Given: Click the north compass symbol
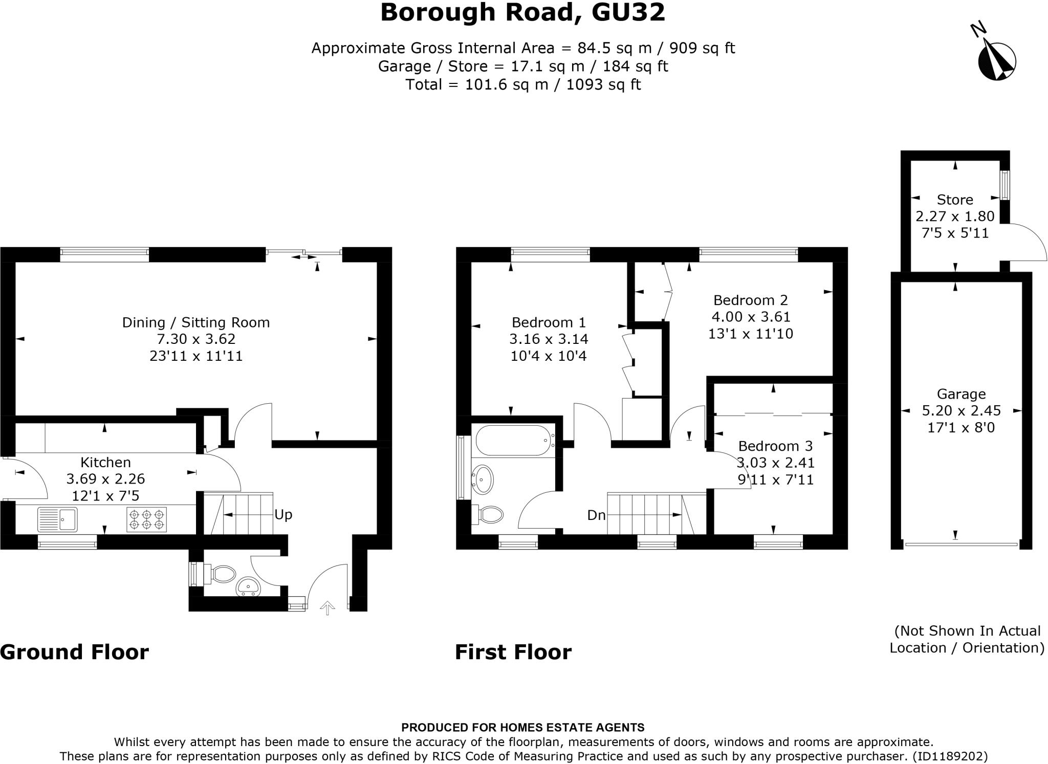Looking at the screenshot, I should pyautogui.click(x=996, y=61).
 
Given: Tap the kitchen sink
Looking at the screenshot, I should pyautogui.click(x=57, y=519).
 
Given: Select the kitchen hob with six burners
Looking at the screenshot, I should pyautogui.click(x=147, y=519).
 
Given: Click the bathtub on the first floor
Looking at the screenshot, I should pyautogui.click(x=513, y=440).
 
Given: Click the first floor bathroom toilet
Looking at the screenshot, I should pyautogui.click(x=489, y=514).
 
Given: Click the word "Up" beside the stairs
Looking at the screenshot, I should pyautogui.click(x=283, y=514).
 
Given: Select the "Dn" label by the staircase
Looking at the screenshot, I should pyautogui.click(x=596, y=515).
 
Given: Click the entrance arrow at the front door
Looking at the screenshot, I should pyautogui.click(x=327, y=607).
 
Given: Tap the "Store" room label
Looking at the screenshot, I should pyautogui.click(x=955, y=200).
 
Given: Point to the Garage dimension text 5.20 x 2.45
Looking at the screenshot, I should pyautogui.click(x=961, y=410).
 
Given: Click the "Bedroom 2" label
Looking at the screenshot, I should pyautogui.click(x=750, y=300).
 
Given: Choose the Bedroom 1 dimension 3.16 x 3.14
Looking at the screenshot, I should pyautogui.click(x=549, y=339).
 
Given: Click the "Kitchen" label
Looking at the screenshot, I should pyautogui.click(x=106, y=462).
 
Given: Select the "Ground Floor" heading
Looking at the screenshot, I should pyautogui.click(x=75, y=652).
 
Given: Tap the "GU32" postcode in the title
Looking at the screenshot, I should pyautogui.click(x=628, y=13).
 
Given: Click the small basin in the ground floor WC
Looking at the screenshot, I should pyautogui.click(x=249, y=587).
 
